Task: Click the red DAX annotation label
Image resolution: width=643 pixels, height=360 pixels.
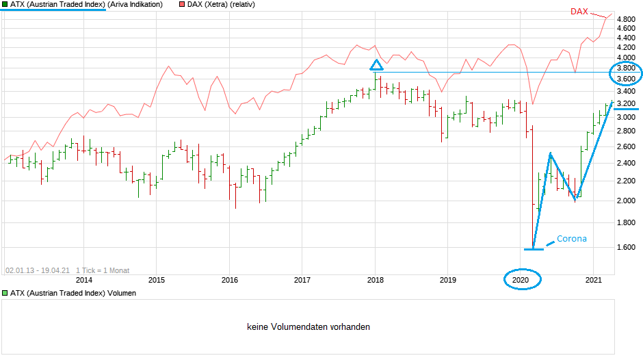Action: (580, 12)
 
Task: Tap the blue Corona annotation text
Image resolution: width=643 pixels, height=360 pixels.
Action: (571, 239)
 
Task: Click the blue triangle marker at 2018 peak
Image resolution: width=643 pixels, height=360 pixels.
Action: (376, 65)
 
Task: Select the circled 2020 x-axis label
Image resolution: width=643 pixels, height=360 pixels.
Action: (522, 279)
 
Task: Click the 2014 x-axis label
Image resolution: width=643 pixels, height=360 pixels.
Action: (83, 279)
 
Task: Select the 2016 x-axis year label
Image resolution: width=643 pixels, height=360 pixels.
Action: (230, 279)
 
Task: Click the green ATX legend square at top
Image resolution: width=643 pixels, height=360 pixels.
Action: (5, 5)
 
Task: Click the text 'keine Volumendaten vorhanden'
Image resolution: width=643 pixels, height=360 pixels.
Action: (308, 327)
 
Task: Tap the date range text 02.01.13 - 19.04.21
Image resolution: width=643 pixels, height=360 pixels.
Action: (37, 270)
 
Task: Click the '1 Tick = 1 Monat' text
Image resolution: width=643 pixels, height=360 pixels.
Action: (103, 270)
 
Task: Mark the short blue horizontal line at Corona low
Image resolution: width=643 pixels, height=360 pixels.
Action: (534, 249)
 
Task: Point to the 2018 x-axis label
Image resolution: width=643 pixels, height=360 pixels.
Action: (375, 279)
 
